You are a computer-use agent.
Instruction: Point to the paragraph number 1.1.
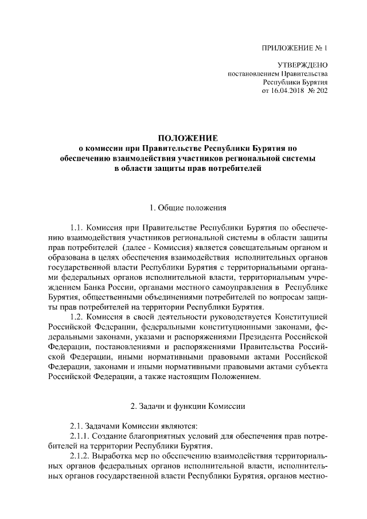[x=77, y=227]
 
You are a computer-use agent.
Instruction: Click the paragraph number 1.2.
[x=77, y=317]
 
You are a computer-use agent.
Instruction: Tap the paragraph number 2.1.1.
[x=80, y=436]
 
